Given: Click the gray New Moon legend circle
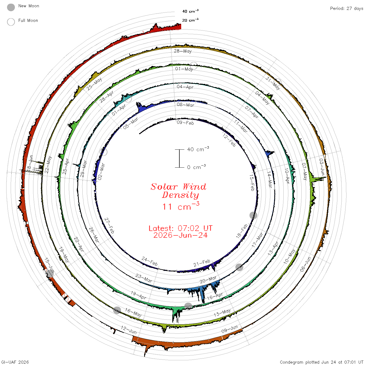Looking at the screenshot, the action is pyautogui.click(x=11, y=7).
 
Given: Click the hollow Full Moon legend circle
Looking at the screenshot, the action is pyautogui.click(x=11, y=22).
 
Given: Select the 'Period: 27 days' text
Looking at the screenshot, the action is pyautogui.click(x=346, y=9).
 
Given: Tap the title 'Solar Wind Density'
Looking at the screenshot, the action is pyautogui.click(x=179, y=191).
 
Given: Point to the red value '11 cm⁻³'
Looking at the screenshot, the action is pyautogui.click(x=181, y=206).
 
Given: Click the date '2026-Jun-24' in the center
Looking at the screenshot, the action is pyautogui.click(x=180, y=235).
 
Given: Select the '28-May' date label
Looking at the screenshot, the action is pyautogui.click(x=183, y=51).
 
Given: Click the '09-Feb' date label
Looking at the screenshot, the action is pyautogui.click(x=185, y=123).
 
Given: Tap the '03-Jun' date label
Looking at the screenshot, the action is pyautogui.click(x=322, y=167).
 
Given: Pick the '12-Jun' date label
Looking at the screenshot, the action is pyautogui.click(x=129, y=330).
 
